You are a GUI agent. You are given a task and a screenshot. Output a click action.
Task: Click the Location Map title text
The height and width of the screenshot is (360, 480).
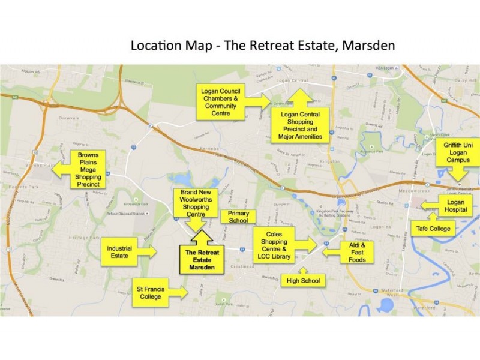click(262, 46)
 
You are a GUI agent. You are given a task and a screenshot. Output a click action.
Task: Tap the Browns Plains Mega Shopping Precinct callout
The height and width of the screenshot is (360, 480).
click(87, 169)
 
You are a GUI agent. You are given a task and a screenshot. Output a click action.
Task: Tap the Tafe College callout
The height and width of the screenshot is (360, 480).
click(434, 229)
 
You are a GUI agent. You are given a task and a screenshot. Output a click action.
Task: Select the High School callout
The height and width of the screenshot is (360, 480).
click(303, 280)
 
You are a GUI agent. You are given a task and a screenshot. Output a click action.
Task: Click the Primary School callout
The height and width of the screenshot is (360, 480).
click(238, 217)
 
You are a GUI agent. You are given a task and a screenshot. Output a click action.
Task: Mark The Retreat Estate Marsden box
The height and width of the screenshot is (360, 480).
click(201, 259)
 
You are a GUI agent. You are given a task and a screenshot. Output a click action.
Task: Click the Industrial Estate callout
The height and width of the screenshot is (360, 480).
click(123, 251)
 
